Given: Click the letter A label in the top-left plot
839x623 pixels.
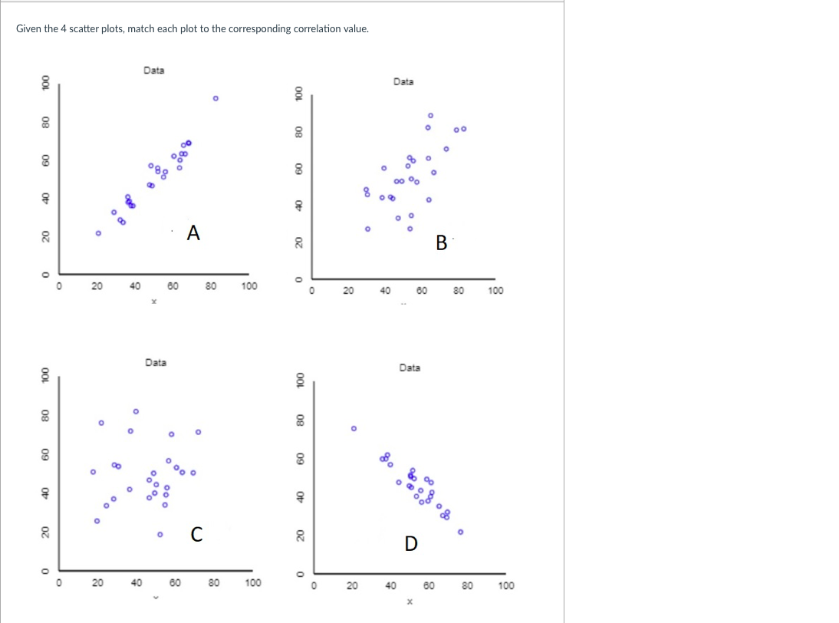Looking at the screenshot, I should [193, 232].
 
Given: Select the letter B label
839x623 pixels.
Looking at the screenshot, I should [441, 243].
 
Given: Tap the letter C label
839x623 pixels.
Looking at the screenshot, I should [196, 535].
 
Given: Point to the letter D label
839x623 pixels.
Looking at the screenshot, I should [411, 544].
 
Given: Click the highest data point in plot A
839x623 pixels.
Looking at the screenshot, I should [216, 98].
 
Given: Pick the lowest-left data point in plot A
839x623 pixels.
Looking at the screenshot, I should [98, 233].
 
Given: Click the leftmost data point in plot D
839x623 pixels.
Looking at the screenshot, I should [354, 428].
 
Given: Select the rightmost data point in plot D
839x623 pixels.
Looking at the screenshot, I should [460, 531].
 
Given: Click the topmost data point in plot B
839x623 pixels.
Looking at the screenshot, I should [430, 115].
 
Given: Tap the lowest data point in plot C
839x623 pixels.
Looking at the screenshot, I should [160, 534].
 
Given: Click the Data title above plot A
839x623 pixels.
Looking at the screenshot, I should [153, 71].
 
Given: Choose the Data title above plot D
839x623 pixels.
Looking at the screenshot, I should [410, 368].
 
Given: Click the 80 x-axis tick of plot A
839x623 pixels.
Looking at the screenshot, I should [210, 286].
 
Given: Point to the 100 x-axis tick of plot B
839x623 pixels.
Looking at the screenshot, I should [495, 291].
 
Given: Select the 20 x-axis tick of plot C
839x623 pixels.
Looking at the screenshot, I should [97, 583].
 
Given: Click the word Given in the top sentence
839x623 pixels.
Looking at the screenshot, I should [28, 29].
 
